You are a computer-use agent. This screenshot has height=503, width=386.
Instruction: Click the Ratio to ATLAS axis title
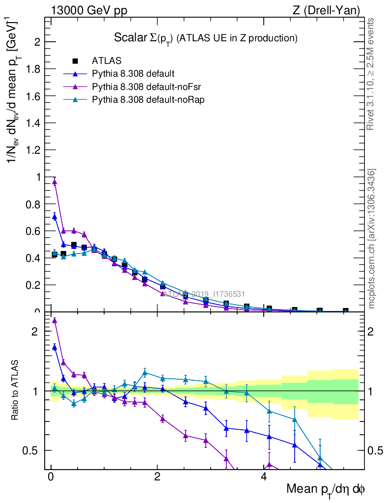coord(16,391)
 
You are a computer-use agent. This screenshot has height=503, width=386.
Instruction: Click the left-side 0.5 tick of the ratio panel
coord(32,450)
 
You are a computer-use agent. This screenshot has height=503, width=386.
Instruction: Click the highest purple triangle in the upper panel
coord(55,182)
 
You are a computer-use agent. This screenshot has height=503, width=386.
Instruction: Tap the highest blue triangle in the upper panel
coord(55,217)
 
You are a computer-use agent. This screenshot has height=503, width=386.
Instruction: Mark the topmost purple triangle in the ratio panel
coord(55,320)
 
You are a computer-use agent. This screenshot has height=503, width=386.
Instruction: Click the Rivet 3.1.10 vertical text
coord(371,74)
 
